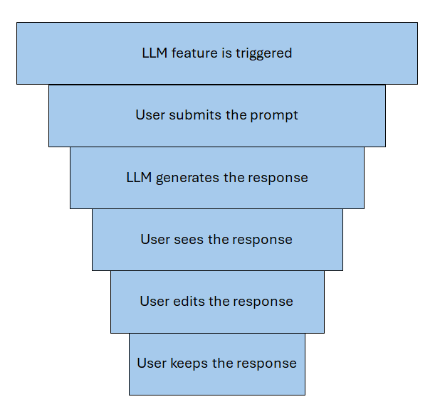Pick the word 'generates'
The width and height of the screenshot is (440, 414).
point(188,178)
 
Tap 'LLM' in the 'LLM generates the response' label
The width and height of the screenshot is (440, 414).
point(139,178)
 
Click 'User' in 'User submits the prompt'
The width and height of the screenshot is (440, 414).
point(150,115)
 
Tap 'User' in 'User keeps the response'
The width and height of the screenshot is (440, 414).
point(152,363)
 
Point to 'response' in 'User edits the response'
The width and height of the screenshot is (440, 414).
point(264,302)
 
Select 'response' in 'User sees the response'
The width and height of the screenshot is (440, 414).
point(263,240)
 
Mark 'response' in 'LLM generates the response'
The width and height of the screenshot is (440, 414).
point(279,178)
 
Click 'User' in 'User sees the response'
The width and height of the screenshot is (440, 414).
point(155,240)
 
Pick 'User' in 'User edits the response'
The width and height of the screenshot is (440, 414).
point(154,302)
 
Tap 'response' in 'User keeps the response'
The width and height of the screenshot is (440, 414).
point(268,363)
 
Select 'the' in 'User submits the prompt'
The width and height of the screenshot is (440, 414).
point(236,115)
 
